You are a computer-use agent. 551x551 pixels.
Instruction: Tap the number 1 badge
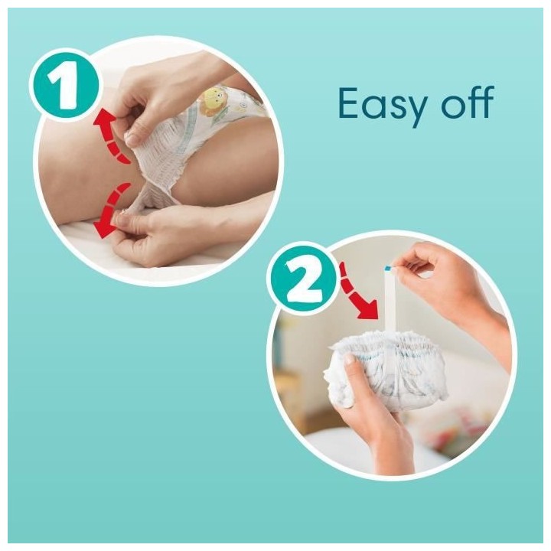point(65,86)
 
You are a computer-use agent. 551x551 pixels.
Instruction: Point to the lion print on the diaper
point(215,101)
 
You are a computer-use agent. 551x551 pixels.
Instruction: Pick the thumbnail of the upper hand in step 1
point(132,139)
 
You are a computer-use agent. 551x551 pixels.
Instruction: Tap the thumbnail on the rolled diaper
point(349,360)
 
